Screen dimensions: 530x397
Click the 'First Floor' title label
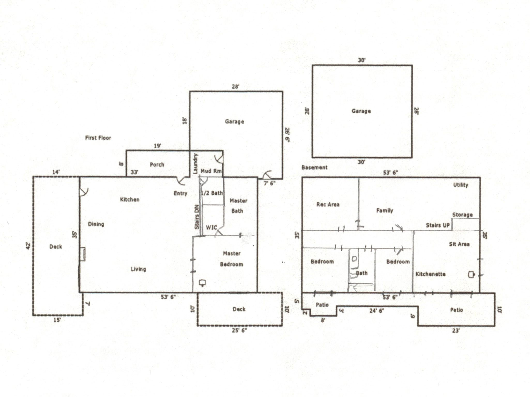pyautogui.click(x=98, y=138)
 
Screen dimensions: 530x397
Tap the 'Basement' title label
pyautogui.click(x=314, y=167)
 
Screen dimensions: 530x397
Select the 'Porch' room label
pyautogui.click(x=157, y=164)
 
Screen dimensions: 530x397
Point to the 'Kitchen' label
pyautogui.click(x=130, y=199)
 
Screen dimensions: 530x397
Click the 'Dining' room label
pyautogui.click(x=96, y=224)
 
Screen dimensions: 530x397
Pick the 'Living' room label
pyautogui.click(x=138, y=269)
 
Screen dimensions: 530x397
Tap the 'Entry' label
pyautogui.click(x=180, y=193)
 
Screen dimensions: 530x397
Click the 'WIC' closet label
pyautogui.click(x=211, y=227)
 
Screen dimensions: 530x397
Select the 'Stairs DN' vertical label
pyautogui.click(x=197, y=217)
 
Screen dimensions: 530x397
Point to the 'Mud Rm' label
pyautogui.click(x=211, y=171)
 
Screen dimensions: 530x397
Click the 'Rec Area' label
pyautogui.click(x=328, y=204)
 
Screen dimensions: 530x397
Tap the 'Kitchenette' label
pyautogui.click(x=430, y=274)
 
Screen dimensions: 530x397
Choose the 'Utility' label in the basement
pyautogui.click(x=460, y=185)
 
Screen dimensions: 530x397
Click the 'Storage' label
pyautogui.click(x=462, y=214)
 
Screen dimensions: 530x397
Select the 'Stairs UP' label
pyautogui.click(x=438, y=225)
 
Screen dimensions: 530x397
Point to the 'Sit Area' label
pyautogui.click(x=459, y=244)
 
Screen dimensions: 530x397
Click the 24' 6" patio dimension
pyautogui.click(x=376, y=311)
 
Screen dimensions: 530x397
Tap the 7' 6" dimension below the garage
pyautogui.click(x=269, y=183)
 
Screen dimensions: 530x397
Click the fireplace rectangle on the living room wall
pyautogui.click(x=83, y=254)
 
